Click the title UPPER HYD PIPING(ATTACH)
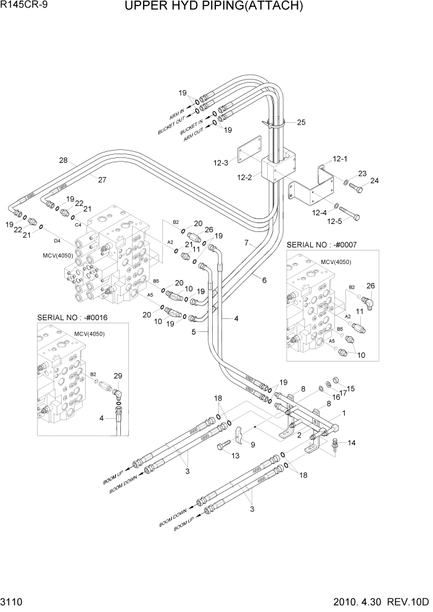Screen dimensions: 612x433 click(x=213, y=7)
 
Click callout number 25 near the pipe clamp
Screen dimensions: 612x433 click(x=301, y=122)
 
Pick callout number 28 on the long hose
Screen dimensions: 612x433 click(x=63, y=161)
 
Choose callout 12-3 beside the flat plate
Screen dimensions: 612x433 click(x=220, y=163)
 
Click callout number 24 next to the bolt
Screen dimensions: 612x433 click(x=374, y=181)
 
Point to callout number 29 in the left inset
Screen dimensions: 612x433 click(x=118, y=376)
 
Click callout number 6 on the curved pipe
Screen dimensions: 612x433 click(x=264, y=281)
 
